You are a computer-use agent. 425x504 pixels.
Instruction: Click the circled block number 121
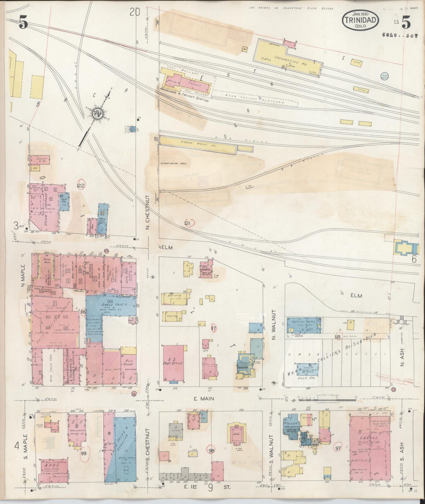pyautogui.click(x=188, y=224)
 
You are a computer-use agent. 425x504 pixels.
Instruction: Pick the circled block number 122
pyautogui.click(x=81, y=186)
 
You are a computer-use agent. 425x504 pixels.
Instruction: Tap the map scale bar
pyautogui.click(x=327, y=400)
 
